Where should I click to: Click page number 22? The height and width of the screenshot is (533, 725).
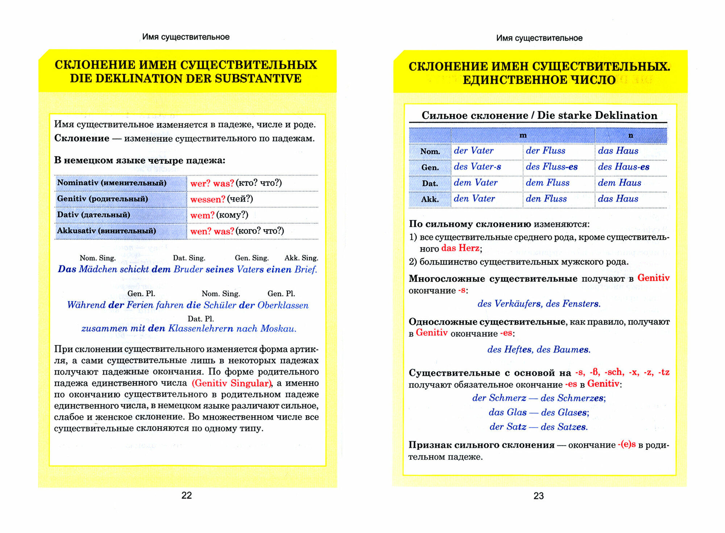tap(186, 495)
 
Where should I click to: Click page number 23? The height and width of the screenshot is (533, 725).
tap(538, 496)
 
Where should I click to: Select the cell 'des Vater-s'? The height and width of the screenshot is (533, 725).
tap(477, 167)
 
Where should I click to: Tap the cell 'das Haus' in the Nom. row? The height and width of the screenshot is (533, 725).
tap(618, 151)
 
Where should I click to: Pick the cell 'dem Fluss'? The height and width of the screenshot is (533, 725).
tap(547, 183)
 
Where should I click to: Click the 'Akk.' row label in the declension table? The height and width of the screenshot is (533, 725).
tap(430, 199)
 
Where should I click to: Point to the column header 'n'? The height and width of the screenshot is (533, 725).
tap(630, 135)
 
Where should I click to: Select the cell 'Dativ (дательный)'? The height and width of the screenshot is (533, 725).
tap(93, 215)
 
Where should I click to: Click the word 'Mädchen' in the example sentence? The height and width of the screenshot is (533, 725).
tap(98, 269)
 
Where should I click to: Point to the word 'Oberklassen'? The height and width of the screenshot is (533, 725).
tap(283, 305)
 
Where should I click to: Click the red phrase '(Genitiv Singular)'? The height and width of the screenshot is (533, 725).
tap(231, 383)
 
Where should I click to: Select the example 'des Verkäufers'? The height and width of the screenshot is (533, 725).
tap(509, 304)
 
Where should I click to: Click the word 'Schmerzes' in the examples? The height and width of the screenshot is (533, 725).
tap(581, 398)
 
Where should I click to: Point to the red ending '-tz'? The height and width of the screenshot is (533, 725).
tap(664, 372)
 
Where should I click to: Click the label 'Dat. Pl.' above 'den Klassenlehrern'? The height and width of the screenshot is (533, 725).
tap(200, 319)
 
